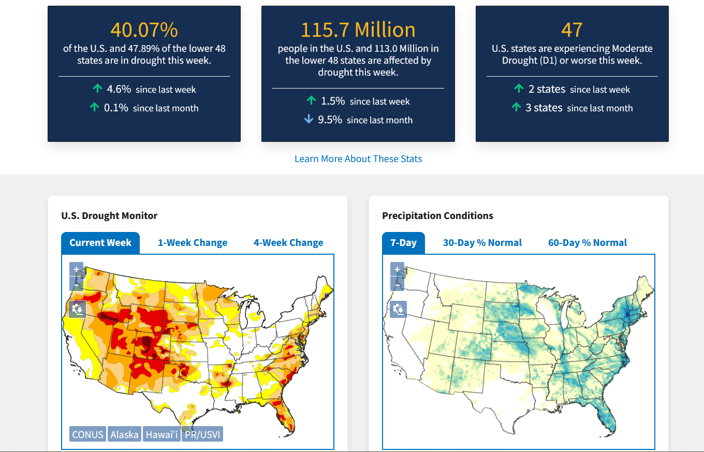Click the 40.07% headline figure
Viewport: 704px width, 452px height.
[x=144, y=30]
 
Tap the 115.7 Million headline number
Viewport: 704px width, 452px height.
[x=358, y=30]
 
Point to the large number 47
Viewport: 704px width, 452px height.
[x=571, y=30]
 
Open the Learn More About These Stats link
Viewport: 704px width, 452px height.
[x=358, y=159]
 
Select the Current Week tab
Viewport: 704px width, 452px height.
[x=100, y=243]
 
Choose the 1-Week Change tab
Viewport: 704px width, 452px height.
[x=193, y=243]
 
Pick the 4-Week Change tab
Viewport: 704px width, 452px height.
[x=288, y=243]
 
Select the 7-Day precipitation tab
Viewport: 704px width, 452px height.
[x=403, y=243]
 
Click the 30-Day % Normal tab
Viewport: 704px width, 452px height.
[x=482, y=243]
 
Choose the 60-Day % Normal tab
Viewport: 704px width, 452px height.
[x=587, y=243]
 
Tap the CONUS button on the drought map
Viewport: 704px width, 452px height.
[x=87, y=434]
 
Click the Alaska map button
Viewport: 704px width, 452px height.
[x=124, y=434]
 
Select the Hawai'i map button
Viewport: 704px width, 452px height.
[x=162, y=434]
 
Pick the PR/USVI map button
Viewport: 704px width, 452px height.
[x=202, y=434]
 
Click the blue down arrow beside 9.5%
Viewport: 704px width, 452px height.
[x=309, y=119]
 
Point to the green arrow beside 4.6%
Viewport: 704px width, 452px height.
[x=97, y=89]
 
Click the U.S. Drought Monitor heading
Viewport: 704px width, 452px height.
[x=109, y=215]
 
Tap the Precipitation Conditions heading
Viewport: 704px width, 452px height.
[x=437, y=215]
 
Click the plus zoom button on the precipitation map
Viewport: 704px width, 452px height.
[x=397, y=269]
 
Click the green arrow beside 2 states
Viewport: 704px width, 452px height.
[x=519, y=89]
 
